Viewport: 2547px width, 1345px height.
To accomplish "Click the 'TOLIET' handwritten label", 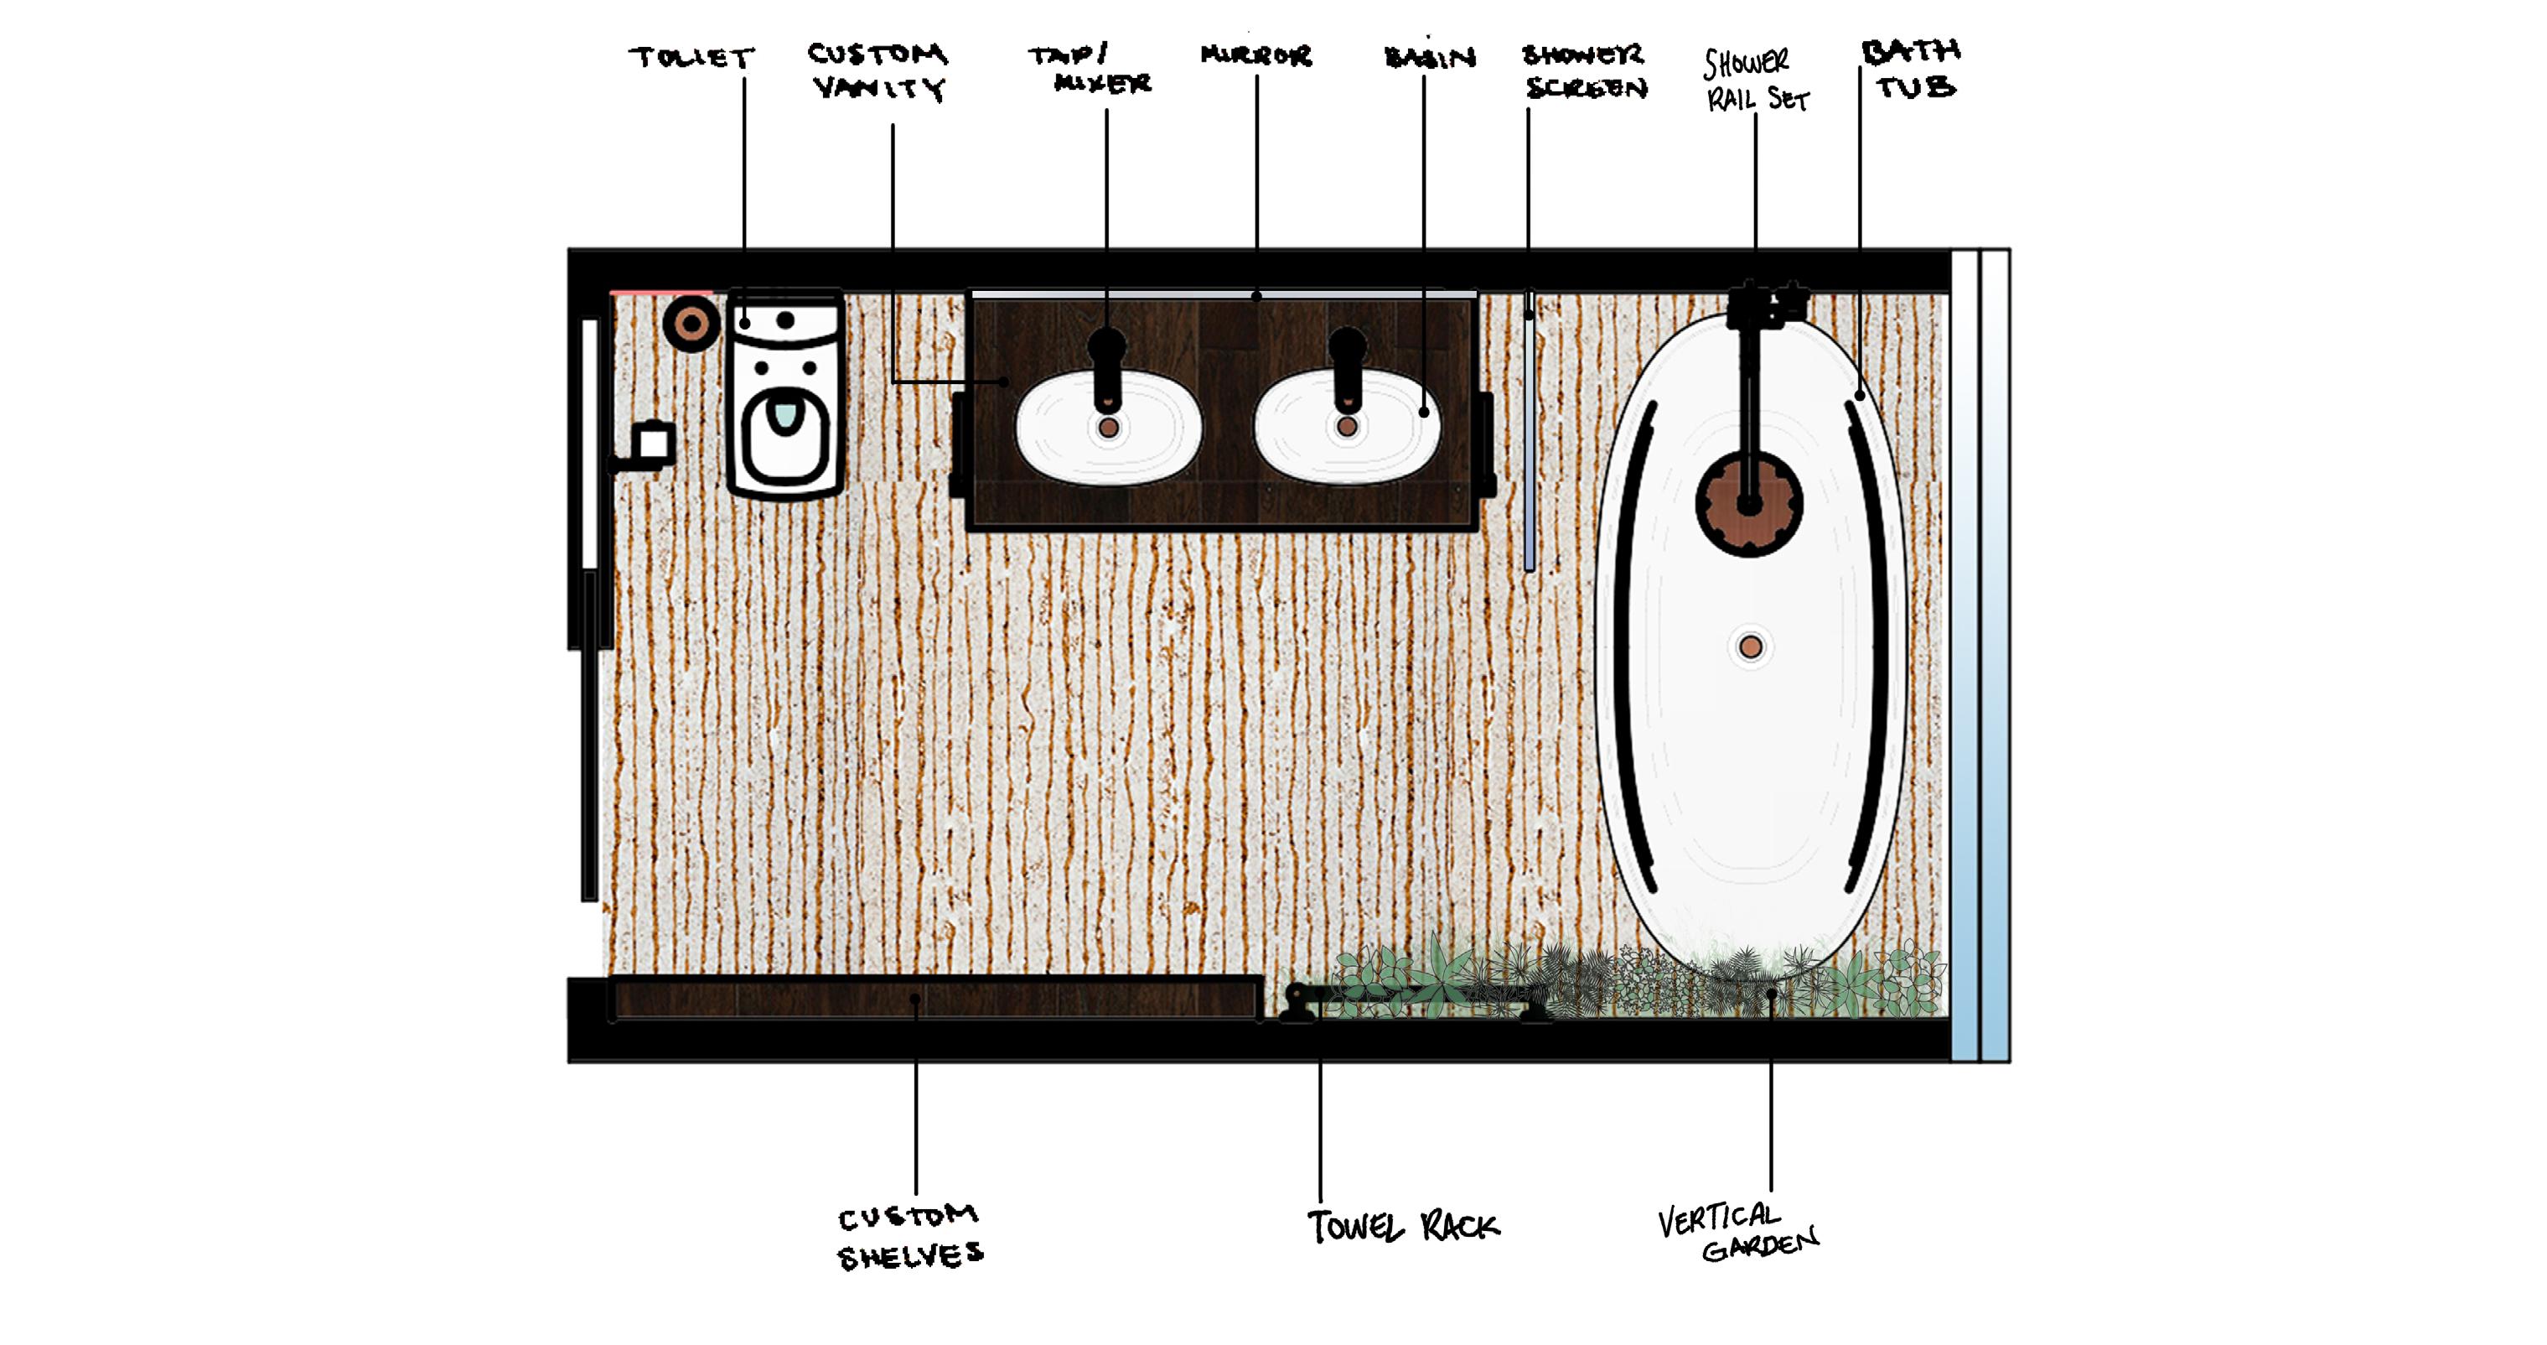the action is point(691,57).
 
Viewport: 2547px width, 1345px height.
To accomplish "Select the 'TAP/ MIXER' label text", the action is point(1090,68).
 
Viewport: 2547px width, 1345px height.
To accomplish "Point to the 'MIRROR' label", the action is point(1255,55).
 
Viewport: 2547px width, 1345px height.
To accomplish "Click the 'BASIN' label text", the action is point(1430,57).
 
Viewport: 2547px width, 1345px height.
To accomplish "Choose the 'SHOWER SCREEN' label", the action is point(1584,71).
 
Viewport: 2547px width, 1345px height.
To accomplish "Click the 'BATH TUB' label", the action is point(1910,70).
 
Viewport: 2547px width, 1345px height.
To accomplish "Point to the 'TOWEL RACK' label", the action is point(1403,1228).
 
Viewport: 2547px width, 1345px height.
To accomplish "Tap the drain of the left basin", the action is point(1108,428).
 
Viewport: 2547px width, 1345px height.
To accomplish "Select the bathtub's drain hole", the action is point(1750,647).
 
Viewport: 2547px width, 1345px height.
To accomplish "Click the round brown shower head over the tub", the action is point(1749,505).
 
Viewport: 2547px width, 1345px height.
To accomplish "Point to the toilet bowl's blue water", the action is point(786,413).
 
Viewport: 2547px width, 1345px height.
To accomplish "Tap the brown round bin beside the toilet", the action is point(691,324).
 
